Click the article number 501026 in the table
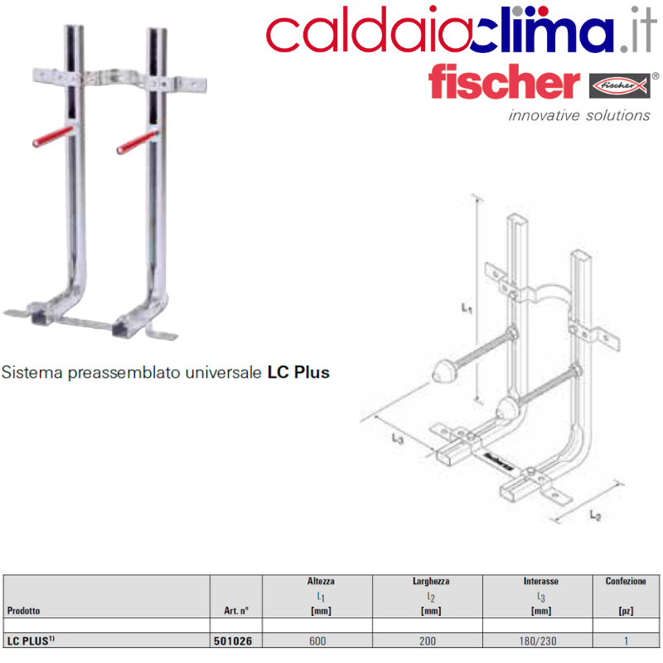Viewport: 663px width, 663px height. tap(233, 641)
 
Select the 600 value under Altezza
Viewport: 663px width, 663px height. tap(317, 641)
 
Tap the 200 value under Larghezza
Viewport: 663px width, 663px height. tap(428, 641)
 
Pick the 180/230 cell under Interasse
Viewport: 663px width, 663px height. tap(538, 641)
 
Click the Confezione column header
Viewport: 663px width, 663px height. tap(626, 581)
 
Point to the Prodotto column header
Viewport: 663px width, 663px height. tap(24, 611)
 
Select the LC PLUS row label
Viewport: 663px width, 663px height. tap(31, 641)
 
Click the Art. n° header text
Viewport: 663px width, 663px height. tap(236, 611)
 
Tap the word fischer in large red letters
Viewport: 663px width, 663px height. tap(504, 81)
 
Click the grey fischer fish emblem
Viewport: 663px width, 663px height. tap(620, 86)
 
